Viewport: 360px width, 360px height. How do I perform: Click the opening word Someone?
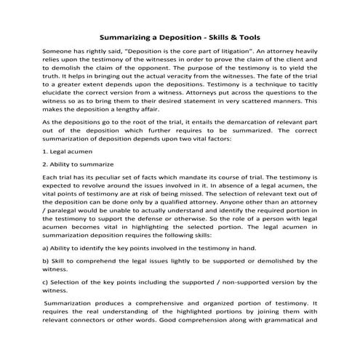point(60,52)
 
